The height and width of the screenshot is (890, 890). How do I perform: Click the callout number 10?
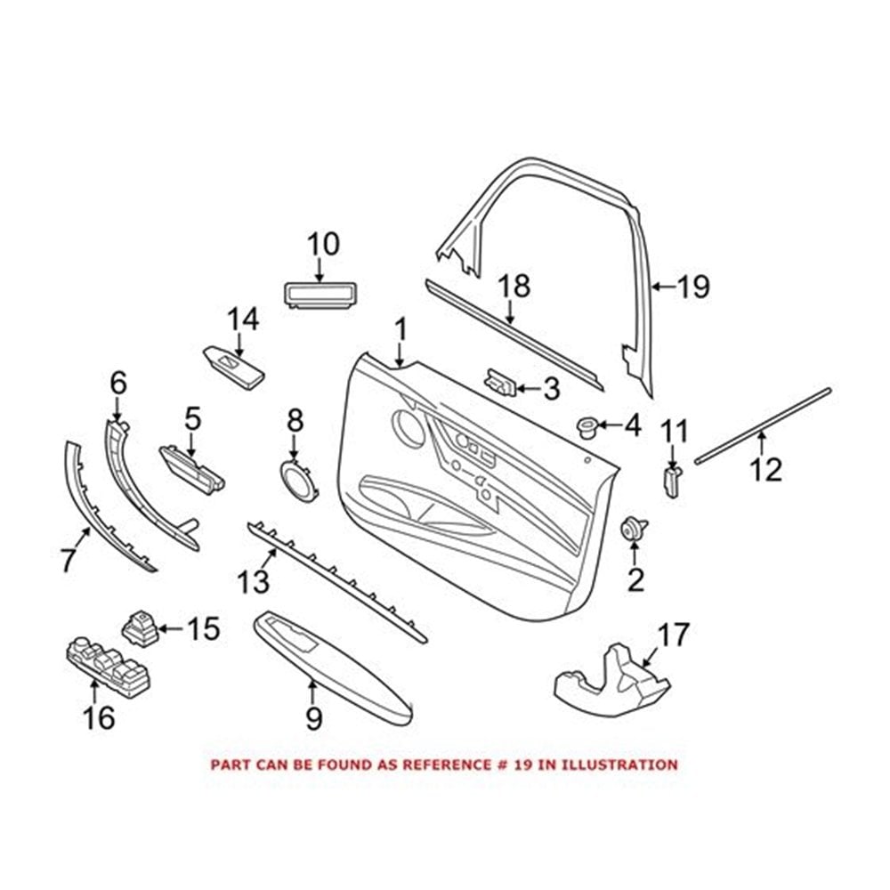324,244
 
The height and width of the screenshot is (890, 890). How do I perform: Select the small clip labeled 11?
673,480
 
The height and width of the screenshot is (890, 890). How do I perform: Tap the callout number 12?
765,469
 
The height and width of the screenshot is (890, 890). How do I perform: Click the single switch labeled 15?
139,627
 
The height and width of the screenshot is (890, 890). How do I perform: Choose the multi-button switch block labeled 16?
109,668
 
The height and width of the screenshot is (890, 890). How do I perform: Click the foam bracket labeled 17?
612,679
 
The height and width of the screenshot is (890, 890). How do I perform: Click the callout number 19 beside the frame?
693,287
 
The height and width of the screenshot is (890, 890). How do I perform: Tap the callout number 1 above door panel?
401,330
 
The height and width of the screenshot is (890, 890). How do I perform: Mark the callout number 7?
68,560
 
